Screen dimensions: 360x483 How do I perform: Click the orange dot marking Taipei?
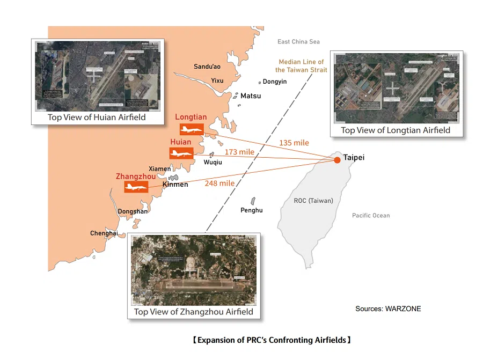[x=337, y=160]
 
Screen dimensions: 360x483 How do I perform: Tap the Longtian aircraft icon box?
[x=192, y=129]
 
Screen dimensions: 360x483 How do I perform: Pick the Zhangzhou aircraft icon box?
[x=136, y=187]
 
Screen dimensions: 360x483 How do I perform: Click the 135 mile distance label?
[x=294, y=143]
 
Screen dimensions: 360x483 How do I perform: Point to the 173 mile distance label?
[x=239, y=152]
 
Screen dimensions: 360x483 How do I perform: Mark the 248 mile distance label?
[x=219, y=183]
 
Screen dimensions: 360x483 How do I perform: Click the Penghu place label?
[x=252, y=210]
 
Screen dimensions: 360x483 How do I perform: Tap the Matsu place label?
[x=251, y=96]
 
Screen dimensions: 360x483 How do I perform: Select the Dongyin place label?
[x=275, y=82]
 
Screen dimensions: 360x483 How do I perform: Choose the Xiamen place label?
[x=160, y=169]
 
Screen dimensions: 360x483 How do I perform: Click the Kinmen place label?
[x=175, y=185]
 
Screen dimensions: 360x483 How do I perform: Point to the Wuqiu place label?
[x=212, y=162]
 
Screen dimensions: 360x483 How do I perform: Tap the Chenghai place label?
[x=104, y=233]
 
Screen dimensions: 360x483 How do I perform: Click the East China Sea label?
[x=298, y=42]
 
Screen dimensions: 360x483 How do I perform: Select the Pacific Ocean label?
[x=371, y=215]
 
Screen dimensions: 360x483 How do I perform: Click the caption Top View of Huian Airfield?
[x=97, y=117]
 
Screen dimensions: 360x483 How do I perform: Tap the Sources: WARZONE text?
[x=388, y=309]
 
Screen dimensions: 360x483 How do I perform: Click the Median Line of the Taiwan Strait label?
[x=301, y=66]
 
